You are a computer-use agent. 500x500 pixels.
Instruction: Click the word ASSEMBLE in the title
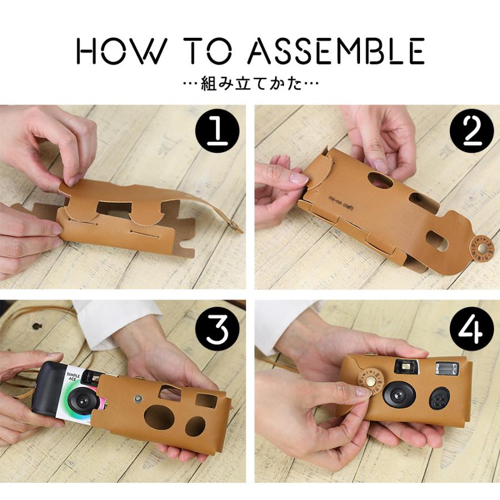click(x=336, y=52)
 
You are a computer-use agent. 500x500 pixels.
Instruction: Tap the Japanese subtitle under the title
click(x=250, y=85)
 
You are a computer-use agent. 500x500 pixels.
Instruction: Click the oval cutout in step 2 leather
click(x=381, y=181)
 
